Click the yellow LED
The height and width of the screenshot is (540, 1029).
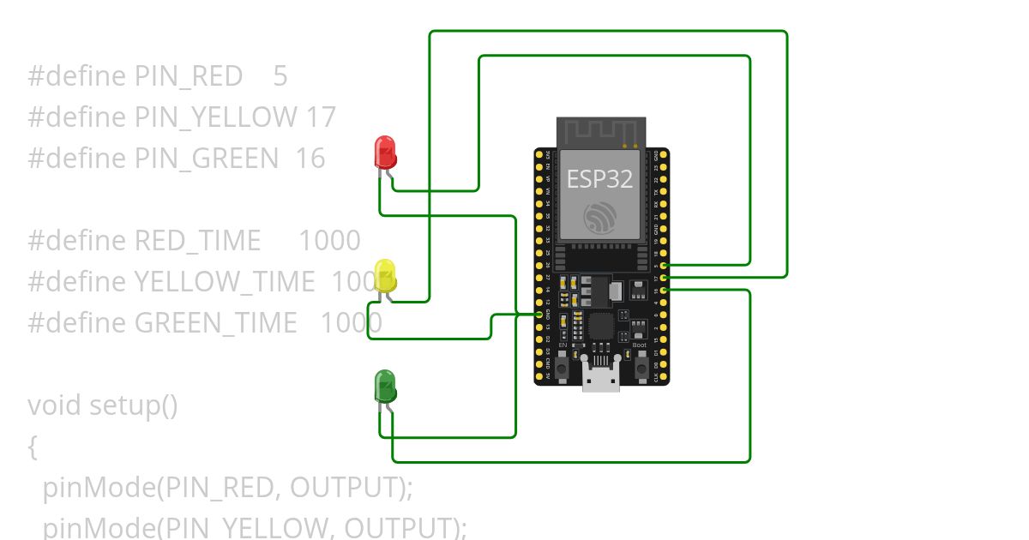(385, 275)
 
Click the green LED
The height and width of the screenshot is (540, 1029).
(385, 387)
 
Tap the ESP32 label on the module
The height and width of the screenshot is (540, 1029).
(599, 179)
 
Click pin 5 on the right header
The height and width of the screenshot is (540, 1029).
(665, 267)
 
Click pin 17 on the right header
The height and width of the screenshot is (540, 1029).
(665, 279)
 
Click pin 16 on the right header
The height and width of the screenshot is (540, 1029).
(665, 291)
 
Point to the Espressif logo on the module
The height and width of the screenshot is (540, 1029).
(599, 217)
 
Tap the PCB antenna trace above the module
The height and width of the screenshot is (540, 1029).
(599, 132)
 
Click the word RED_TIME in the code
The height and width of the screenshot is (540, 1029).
(197, 240)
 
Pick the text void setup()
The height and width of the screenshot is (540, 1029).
(103, 405)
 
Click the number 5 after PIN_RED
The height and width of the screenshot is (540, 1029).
(280, 76)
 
